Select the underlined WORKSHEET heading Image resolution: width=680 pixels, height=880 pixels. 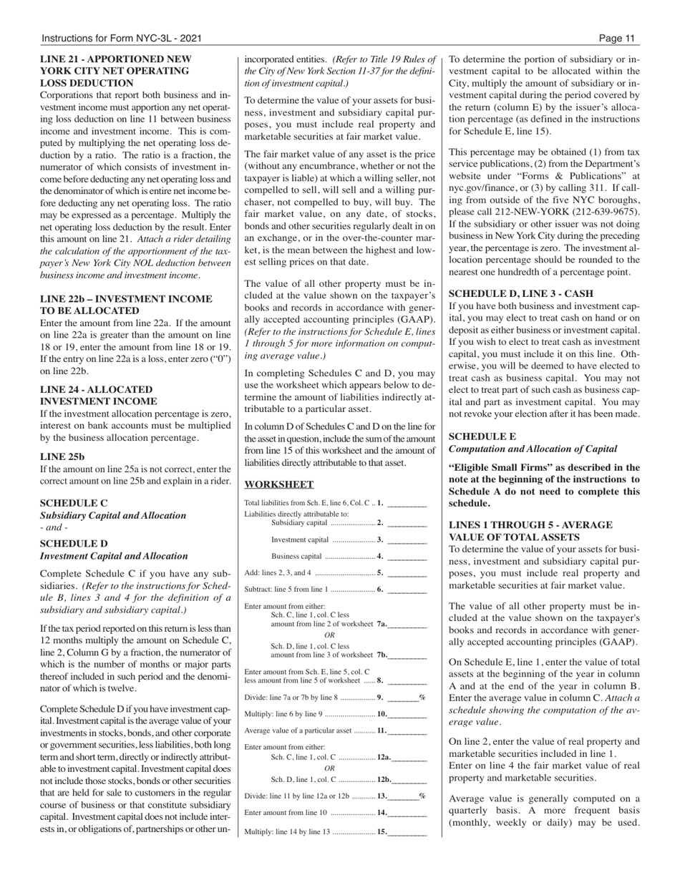coord(269,484)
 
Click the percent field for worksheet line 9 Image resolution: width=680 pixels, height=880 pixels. coord(404,697)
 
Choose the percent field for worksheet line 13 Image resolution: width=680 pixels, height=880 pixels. coord(404,796)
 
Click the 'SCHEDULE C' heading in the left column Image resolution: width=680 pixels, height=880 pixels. coord(74,503)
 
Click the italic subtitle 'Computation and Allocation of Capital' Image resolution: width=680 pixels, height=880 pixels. coord(533,449)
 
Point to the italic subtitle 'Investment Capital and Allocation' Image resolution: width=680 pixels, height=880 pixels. coord(114,556)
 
